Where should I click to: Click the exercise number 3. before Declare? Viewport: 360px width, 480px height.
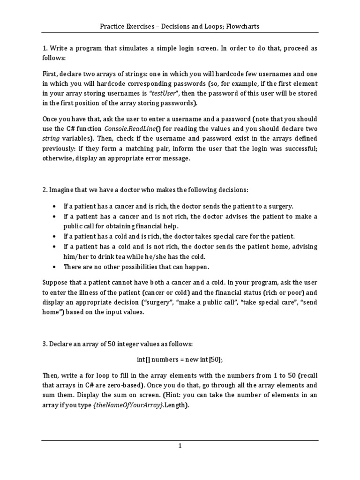coord(45,344)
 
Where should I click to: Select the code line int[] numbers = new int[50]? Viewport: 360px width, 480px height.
coord(180,359)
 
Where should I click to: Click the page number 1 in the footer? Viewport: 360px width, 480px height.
coord(180,446)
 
